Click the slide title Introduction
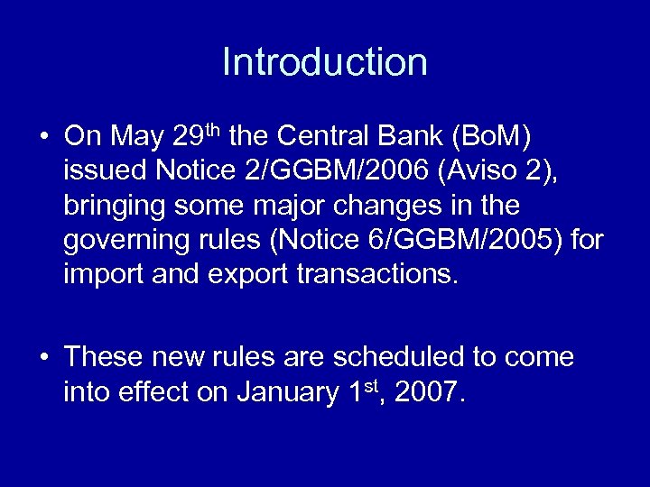324,62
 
